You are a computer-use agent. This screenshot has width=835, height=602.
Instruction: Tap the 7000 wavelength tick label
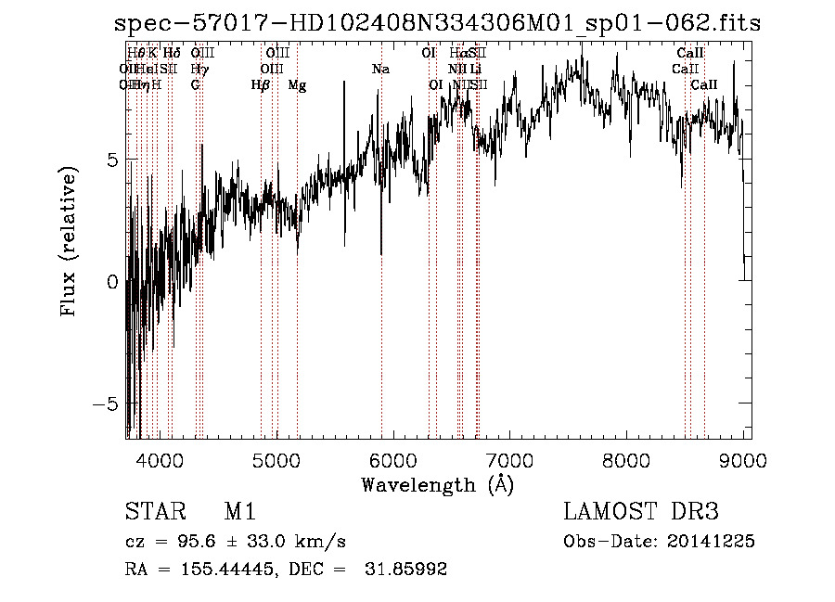(x=509, y=459)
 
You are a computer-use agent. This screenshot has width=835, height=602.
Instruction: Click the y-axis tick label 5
(x=112, y=160)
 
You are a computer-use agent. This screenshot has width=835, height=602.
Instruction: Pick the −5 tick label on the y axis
(x=108, y=404)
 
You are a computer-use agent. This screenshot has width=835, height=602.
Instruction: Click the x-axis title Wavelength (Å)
(x=436, y=483)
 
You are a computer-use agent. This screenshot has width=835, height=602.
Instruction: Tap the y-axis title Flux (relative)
(x=68, y=241)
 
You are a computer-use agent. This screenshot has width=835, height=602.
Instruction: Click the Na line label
(x=380, y=69)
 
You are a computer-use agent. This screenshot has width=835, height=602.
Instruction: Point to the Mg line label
(x=297, y=84)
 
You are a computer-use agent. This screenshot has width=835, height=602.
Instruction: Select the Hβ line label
(x=261, y=84)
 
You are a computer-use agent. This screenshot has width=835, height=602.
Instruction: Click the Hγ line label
(x=199, y=69)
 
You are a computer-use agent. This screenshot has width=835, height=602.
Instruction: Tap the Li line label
(x=475, y=69)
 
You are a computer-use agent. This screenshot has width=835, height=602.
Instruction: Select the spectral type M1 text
(x=239, y=512)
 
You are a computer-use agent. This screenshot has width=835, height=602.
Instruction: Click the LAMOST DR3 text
(x=641, y=512)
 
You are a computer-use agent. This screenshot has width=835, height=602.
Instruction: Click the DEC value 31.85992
(x=408, y=570)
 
